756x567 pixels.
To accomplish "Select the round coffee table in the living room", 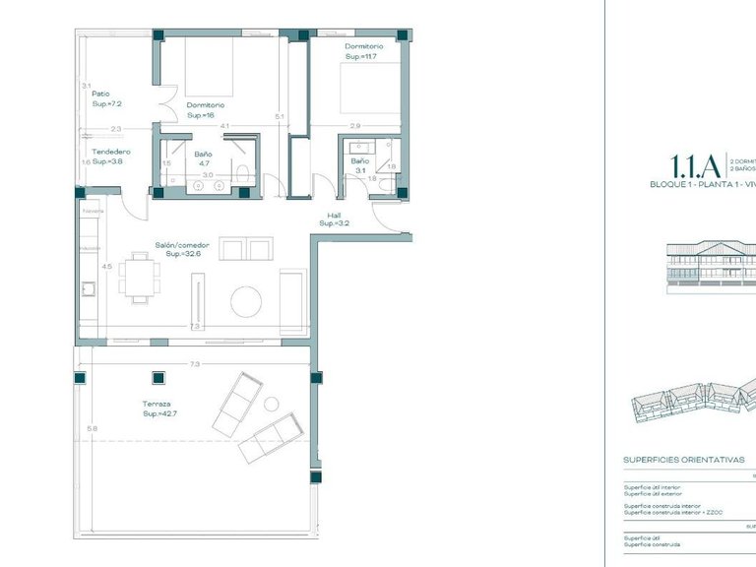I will click(245, 301).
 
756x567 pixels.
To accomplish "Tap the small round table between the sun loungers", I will click(271, 403).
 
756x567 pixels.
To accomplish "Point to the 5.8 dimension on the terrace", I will click(92, 428).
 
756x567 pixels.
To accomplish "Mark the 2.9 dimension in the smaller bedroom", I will click(354, 126).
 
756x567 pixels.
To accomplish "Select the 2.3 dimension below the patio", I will click(115, 129).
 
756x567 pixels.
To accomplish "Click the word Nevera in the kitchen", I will click(93, 211).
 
